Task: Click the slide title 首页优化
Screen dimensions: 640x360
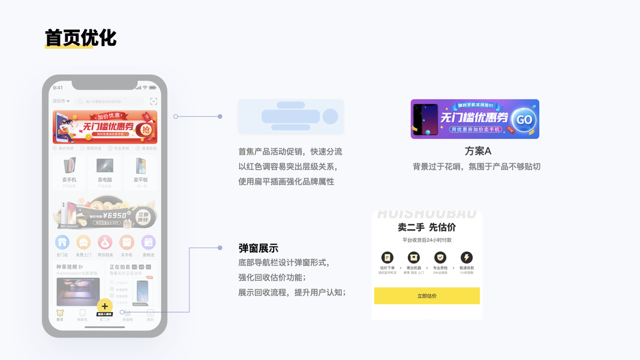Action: (80, 38)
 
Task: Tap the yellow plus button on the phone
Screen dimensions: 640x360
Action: (105, 306)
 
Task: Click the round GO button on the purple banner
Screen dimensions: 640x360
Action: (524, 119)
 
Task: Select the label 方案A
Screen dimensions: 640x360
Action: (477, 151)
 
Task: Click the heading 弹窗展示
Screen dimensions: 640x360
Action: (258, 248)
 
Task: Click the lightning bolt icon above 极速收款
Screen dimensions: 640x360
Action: (466, 257)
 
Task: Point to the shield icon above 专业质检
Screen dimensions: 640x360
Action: (440, 257)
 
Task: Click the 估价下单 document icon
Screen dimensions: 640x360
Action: (387, 257)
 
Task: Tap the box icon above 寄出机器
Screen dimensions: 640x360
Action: (414, 257)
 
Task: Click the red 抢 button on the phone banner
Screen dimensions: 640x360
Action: (144, 129)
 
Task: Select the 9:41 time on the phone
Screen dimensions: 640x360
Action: (58, 88)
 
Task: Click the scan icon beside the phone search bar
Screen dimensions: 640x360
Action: (154, 101)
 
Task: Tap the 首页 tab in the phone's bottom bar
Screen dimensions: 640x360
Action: (59, 315)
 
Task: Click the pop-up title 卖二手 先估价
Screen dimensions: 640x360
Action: (426, 227)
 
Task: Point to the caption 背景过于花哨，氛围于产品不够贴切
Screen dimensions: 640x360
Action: (476, 166)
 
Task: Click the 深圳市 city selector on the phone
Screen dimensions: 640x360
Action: (61, 101)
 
